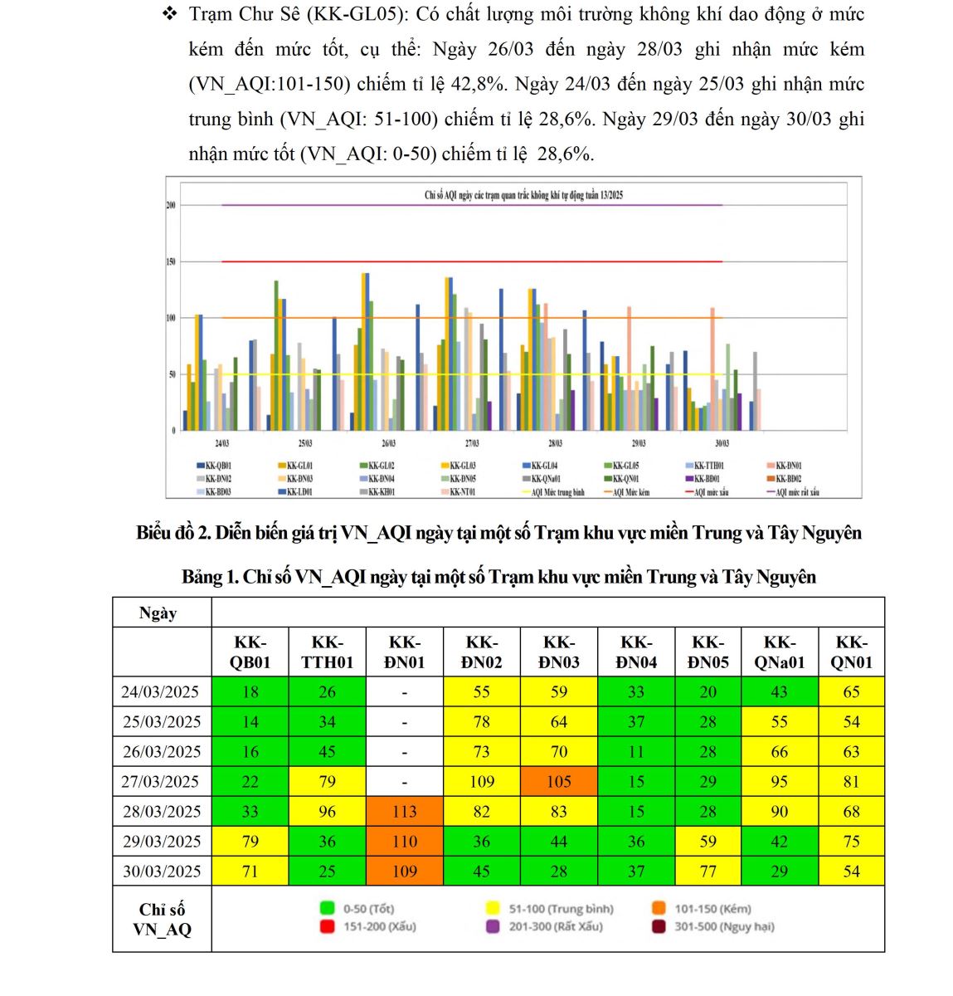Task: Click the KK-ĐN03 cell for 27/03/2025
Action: tap(558, 781)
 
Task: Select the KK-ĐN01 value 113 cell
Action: tap(404, 811)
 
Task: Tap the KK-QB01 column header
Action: tap(250, 652)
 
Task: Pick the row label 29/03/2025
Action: tap(162, 841)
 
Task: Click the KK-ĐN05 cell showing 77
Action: tap(707, 871)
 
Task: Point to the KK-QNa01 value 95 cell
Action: tap(779, 781)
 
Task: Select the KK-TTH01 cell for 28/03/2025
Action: tap(327, 811)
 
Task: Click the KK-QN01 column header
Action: tap(851, 652)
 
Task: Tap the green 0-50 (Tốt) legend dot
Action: tap(327, 909)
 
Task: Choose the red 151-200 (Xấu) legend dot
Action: tap(327, 926)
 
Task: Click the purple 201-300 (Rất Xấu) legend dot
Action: tap(493, 926)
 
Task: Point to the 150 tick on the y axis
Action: tap(171, 262)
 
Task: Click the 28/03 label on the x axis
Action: tap(555, 444)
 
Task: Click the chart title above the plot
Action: tap(523, 196)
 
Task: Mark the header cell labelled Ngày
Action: tap(158, 613)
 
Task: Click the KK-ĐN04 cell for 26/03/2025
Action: tap(635, 751)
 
